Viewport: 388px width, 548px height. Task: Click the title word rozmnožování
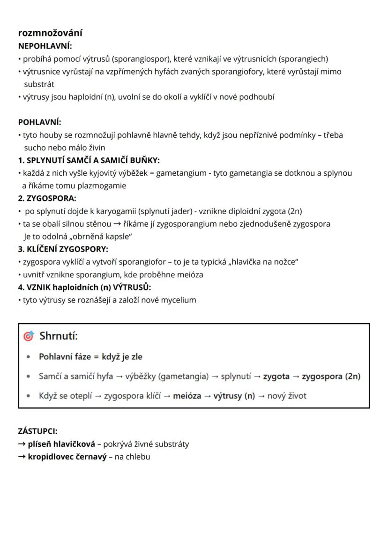pos(50,33)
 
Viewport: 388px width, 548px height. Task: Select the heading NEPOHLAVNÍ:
pos(45,46)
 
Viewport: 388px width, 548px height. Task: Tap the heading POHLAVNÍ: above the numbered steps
pos(39,122)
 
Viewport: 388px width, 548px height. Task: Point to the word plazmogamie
pos(103,185)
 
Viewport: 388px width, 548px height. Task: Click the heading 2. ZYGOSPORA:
pos(47,198)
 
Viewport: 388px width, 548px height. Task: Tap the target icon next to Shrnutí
pos(29,336)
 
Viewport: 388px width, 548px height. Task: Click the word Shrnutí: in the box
pos(59,336)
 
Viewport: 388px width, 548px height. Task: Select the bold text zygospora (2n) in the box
pos(331,376)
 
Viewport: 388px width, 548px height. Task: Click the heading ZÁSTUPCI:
pos(37,431)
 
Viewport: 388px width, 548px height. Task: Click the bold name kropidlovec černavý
pos(67,457)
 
